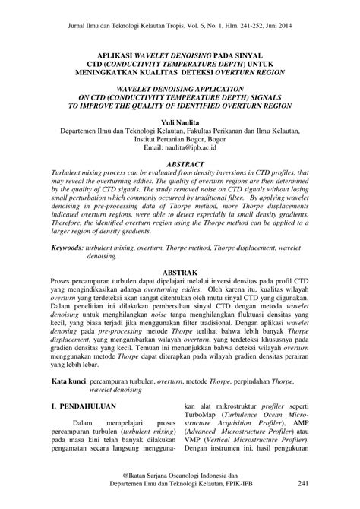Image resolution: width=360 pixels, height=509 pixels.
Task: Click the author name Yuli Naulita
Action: tap(179, 122)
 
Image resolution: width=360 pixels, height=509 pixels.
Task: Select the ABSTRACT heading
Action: tap(179, 163)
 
